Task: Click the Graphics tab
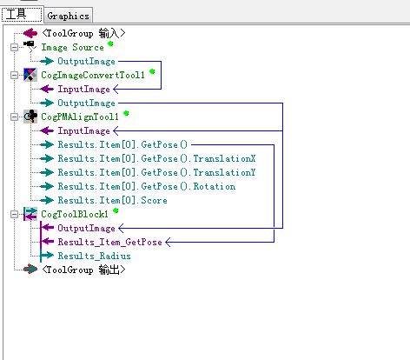pos(68,16)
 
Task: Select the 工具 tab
pos(22,14)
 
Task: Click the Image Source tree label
pos(72,47)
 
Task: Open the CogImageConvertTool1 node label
pos(93,76)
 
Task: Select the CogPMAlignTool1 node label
pos(80,117)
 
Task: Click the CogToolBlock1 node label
pos(75,214)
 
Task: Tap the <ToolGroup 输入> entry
pos(83,33)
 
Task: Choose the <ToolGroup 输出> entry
pos(83,270)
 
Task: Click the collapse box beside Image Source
pos(14,47)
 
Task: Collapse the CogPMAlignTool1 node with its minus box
pos(14,117)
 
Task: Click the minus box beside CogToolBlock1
pos(14,214)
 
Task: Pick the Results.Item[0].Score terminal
pos(113,200)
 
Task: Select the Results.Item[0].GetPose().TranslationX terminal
pos(156,158)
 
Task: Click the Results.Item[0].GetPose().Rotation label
pos(147,186)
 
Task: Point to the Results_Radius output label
pos(95,256)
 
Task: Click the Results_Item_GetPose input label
pos(110,242)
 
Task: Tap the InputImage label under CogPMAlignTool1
pos(84,130)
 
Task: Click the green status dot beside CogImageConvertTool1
pos(152,71)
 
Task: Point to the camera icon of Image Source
pos(30,46)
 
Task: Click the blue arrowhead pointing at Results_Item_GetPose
pos(168,242)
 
